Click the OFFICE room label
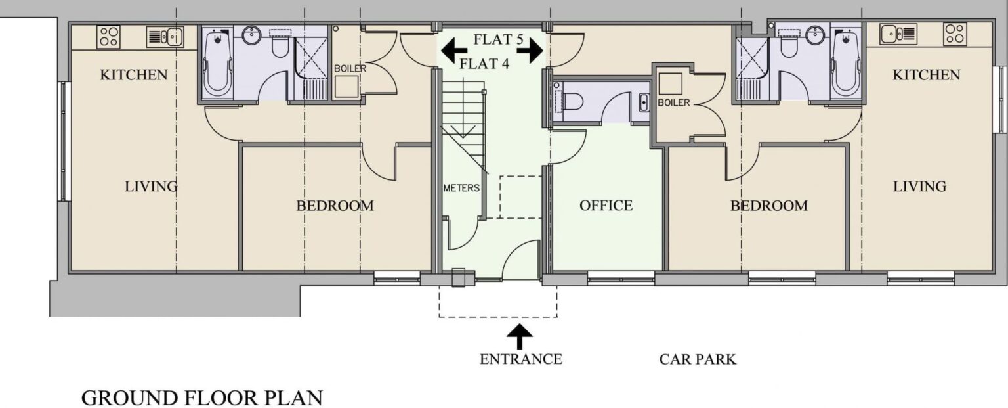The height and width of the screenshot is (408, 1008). [606, 206]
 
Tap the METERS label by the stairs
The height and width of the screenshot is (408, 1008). [461, 188]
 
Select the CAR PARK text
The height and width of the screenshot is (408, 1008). [698, 359]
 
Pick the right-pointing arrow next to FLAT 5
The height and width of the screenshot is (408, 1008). [533, 49]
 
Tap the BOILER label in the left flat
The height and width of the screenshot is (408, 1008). [350, 68]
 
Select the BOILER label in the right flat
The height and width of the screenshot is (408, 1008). [673, 103]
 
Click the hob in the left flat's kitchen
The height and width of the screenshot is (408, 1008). [108, 37]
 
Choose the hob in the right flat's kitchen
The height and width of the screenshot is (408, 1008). [955, 34]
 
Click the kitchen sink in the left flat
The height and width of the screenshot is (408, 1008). [164, 36]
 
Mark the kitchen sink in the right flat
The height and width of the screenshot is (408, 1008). [898, 34]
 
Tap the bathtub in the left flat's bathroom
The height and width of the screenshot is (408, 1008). [214, 64]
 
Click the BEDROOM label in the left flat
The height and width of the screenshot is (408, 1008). [335, 206]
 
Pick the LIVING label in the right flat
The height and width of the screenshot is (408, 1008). [919, 187]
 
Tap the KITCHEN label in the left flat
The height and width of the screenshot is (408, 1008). [134, 75]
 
